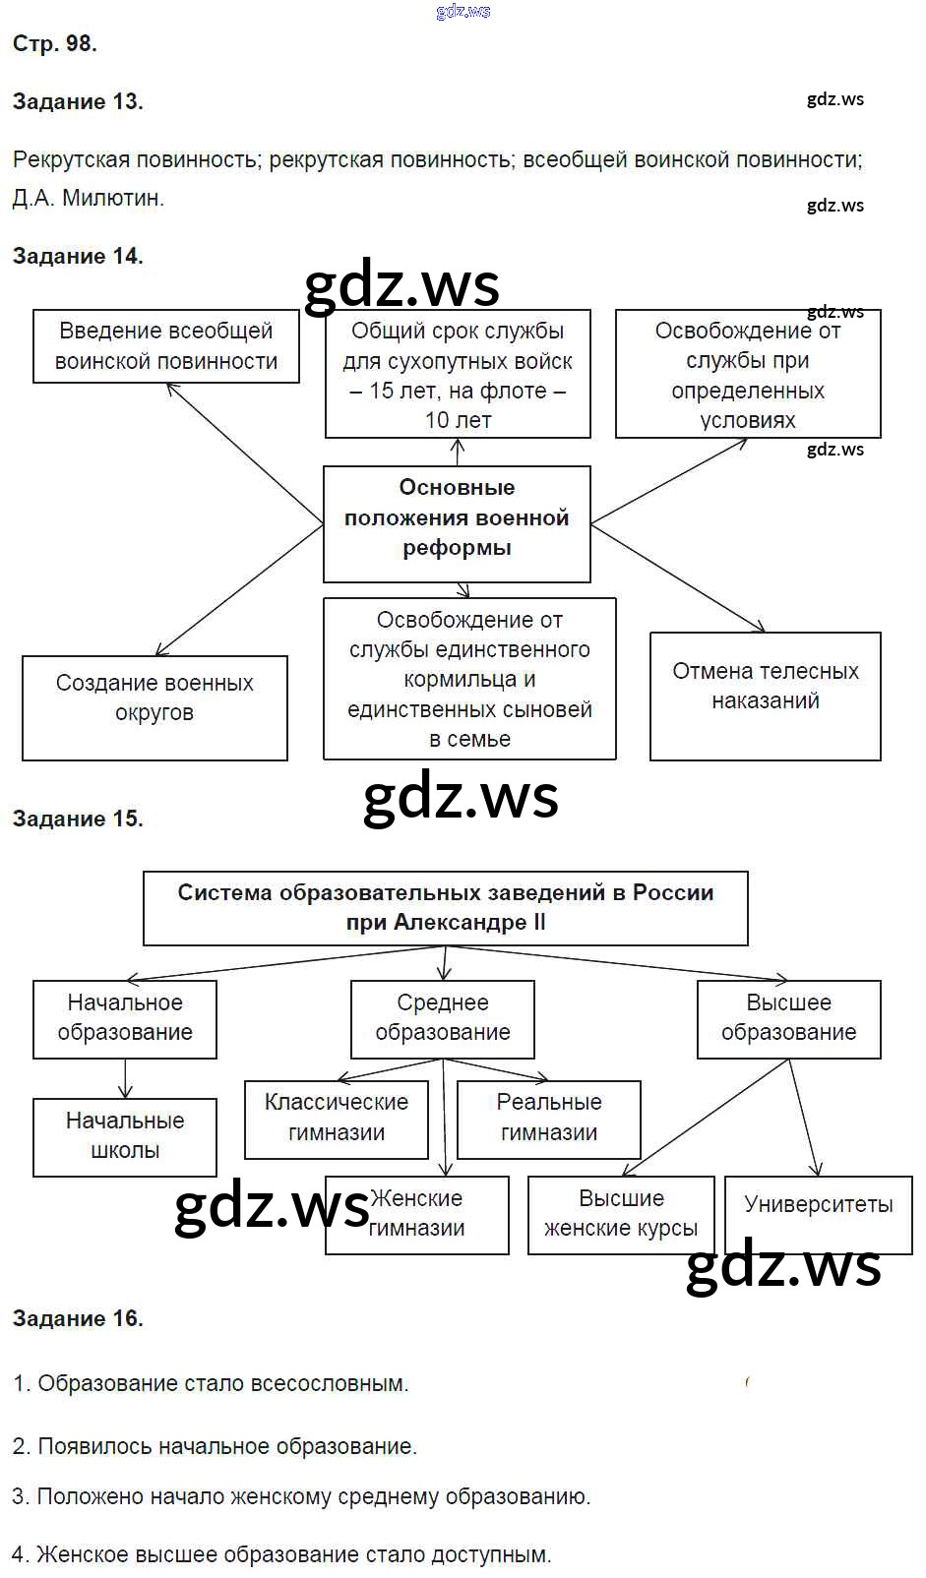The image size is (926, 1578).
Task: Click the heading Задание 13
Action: (x=78, y=101)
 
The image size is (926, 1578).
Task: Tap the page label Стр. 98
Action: (x=54, y=43)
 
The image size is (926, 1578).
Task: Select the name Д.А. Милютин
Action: (x=89, y=198)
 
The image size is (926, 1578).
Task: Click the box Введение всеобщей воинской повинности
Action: (x=166, y=346)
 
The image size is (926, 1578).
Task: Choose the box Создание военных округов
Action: (x=154, y=708)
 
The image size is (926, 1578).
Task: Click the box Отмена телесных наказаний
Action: (x=765, y=696)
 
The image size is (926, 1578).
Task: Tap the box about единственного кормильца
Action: (x=469, y=679)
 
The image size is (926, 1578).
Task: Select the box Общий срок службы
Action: (x=458, y=375)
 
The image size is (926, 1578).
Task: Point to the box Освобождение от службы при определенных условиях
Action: (x=748, y=375)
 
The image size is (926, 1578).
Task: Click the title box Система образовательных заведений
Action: (x=445, y=908)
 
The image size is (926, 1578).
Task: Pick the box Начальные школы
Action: (x=125, y=1136)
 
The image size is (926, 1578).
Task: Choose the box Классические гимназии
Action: (x=337, y=1119)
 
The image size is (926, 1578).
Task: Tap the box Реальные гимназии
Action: (x=549, y=1119)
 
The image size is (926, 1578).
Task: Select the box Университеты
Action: (x=818, y=1206)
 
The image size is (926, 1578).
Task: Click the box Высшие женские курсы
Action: (x=621, y=1214)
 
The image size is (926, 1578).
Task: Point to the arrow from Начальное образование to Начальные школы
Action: (x=125, y=1078)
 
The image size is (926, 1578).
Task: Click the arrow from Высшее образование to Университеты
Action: (x=804, y=1118)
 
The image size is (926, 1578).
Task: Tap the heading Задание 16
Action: (x=78, y=1318)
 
